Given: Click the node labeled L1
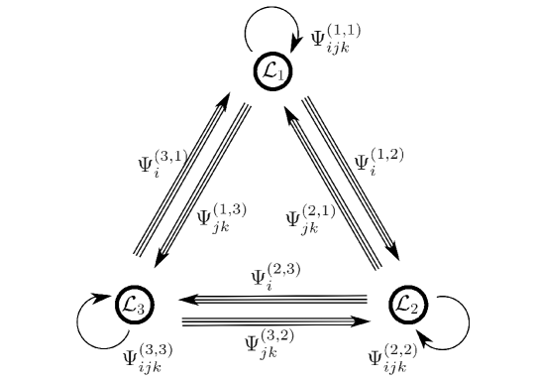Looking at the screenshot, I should click(272, 70).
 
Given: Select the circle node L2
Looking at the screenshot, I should click(407, 305).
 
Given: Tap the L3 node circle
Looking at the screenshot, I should click(134, 305).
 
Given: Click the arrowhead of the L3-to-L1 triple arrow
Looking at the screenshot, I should click(224, 100).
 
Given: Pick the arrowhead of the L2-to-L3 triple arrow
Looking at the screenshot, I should click(185, 298).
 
